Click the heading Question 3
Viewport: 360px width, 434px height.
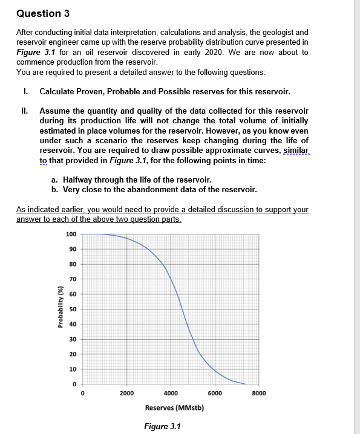(x=35, y=13)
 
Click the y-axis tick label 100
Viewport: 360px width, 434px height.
(x=71, y=234)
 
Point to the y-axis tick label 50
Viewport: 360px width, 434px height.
(x=72, y=309)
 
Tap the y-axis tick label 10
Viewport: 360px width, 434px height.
(x=72, y=369)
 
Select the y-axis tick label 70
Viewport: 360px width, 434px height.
(x=72, y=279)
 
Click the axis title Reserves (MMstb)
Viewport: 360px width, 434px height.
(x=171, y=407)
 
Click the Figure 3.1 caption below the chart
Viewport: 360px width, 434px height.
(x=162, y=426)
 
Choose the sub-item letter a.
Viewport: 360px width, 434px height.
(x=54, y=180)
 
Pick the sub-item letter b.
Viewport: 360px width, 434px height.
(x=54, y=189)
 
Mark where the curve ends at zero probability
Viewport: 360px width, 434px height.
(x=244, y=384)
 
